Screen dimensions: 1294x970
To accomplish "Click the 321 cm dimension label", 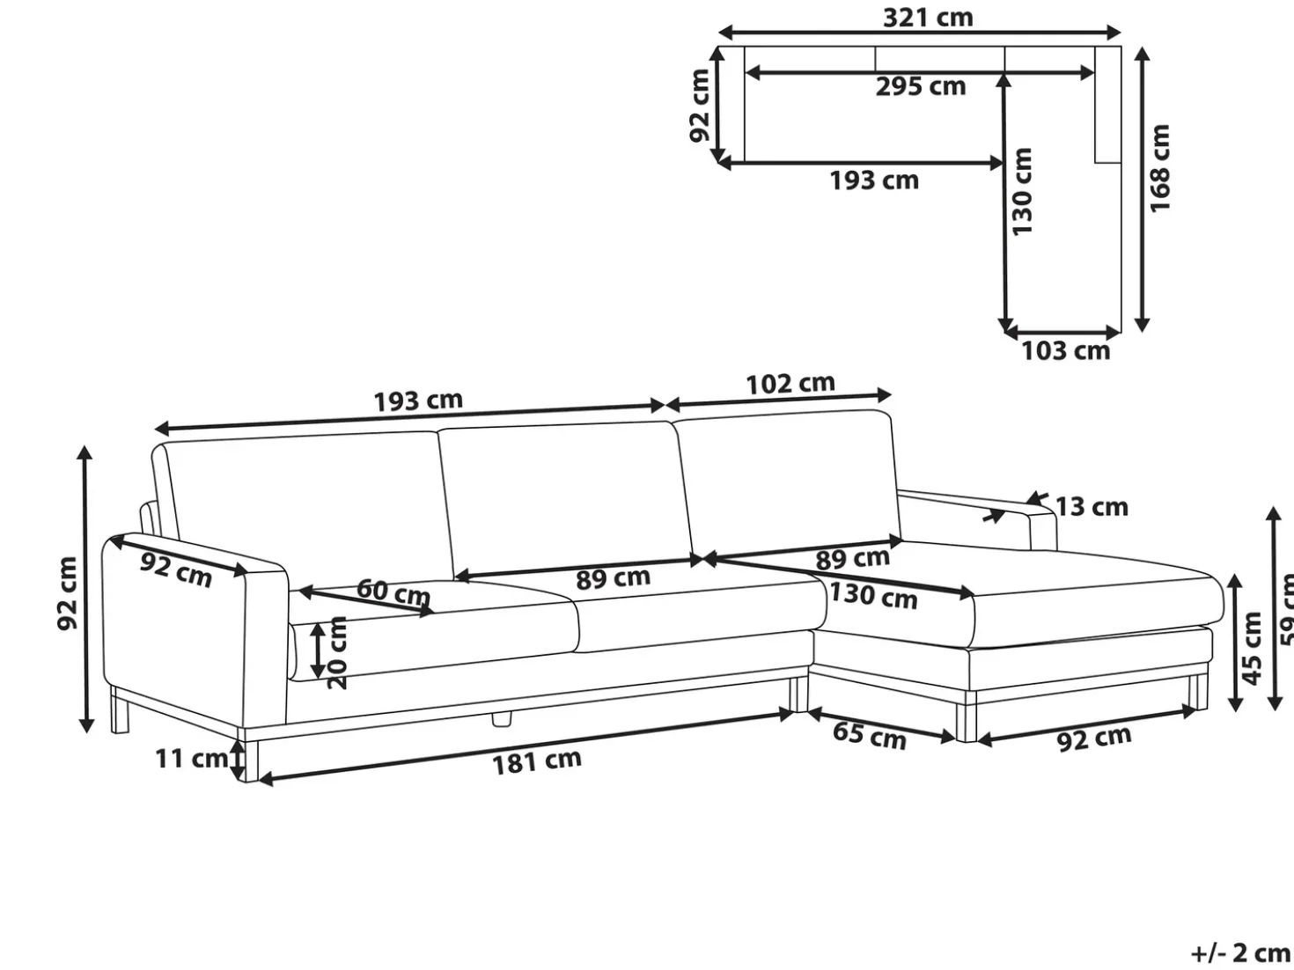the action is (x=928, y=18).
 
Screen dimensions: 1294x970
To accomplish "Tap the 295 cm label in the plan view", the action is (x=920, y=87).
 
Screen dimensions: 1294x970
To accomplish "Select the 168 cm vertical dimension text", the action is (x=1159, y=168).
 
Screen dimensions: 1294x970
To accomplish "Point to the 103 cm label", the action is (x=1065, y=351).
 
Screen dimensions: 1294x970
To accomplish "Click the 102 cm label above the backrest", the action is (x=790, y=385).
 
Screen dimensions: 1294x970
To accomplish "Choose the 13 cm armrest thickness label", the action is (x=1092, y=507).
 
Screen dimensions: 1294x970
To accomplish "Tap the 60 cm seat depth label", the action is (x=393, y=592).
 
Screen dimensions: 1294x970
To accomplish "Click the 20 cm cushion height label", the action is (x=336, y=652).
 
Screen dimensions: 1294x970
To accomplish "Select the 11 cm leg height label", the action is (x=192, y=759).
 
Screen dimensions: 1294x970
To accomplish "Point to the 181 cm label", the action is (x=536, y=762).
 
